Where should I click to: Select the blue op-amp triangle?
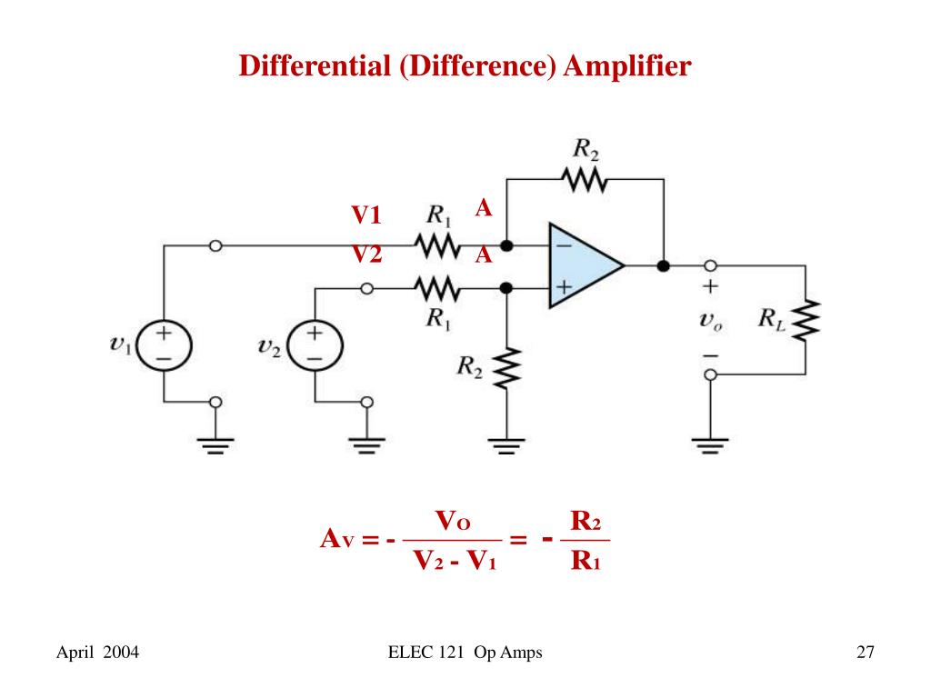(x=582, y=266)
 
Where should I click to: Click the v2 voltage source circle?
(x=315, y=346)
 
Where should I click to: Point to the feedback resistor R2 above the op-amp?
(x=586, y=179)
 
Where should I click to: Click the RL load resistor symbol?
(x=806, y=319)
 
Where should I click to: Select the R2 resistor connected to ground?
(x=507, y=366)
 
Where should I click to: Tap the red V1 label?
(x=367, y=216)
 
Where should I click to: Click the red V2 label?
(x=367, y=254)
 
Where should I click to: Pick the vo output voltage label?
(x=711, y=319)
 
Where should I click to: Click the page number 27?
(x=865, y=652)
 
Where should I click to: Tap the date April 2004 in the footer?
(x=97, y=652)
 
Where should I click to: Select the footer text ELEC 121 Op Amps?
(x=465, y=652)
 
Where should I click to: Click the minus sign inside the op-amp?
(x=564, y=245)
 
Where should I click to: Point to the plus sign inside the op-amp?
(x=564, y=287)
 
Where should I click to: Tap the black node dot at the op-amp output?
(x=664, y=265)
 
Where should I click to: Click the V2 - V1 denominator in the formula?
(x=455, y=561)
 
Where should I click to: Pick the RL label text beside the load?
(x=772, y=319)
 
